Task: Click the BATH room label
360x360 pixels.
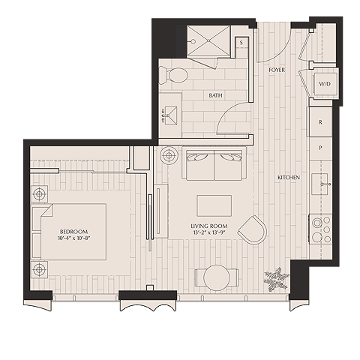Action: coord(216,95)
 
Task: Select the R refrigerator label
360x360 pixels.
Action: coord(320,121)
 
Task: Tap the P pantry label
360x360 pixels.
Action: coord(320,148)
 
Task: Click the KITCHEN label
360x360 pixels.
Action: coord(289,178)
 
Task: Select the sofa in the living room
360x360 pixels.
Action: coord(214,165)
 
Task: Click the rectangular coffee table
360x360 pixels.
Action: coord(214,205)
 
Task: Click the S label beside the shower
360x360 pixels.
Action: coord(241,43)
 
